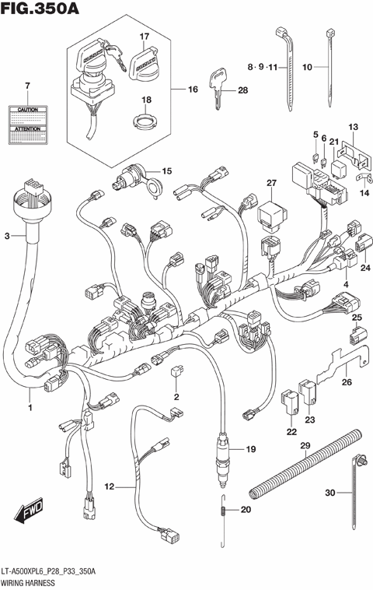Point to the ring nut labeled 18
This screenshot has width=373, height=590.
click(x=144, y=121)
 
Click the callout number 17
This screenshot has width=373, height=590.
click(x=144, y=37)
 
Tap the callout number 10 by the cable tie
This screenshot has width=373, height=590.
click(x=307, y=68)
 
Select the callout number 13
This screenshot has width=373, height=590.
click(x=352, y=127)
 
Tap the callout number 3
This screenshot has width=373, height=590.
click(x=9, y=235)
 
